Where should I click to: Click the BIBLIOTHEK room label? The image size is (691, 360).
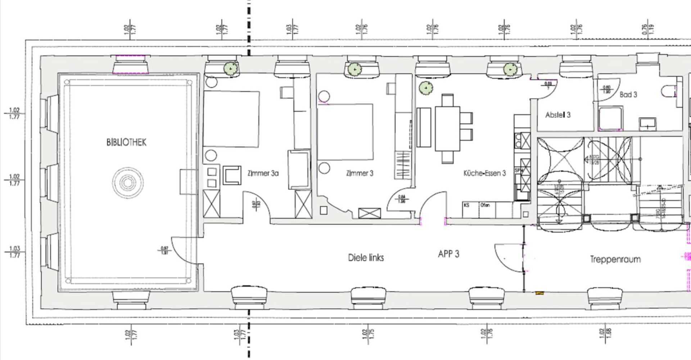click(126, 142)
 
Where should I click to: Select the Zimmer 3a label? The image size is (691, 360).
click(263, 173)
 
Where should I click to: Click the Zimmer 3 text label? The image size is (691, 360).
click(360, 173)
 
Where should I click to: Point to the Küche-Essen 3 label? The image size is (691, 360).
click(484, 173)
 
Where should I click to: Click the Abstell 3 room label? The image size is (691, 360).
click(558, 115)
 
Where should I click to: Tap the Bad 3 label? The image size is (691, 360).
click(628, 95)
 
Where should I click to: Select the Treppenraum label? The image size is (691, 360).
click(615, 259)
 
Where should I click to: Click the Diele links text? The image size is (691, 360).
click(366, 258)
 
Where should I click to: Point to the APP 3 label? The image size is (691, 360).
click(448, 254)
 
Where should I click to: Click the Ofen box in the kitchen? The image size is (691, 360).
click(487, 210)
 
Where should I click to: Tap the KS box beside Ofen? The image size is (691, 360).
click(470, 210)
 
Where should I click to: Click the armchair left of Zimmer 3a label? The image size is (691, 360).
click(232, 175)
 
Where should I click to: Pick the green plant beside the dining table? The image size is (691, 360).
click(426, 88)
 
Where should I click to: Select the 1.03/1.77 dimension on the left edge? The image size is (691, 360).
click(14, 252)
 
